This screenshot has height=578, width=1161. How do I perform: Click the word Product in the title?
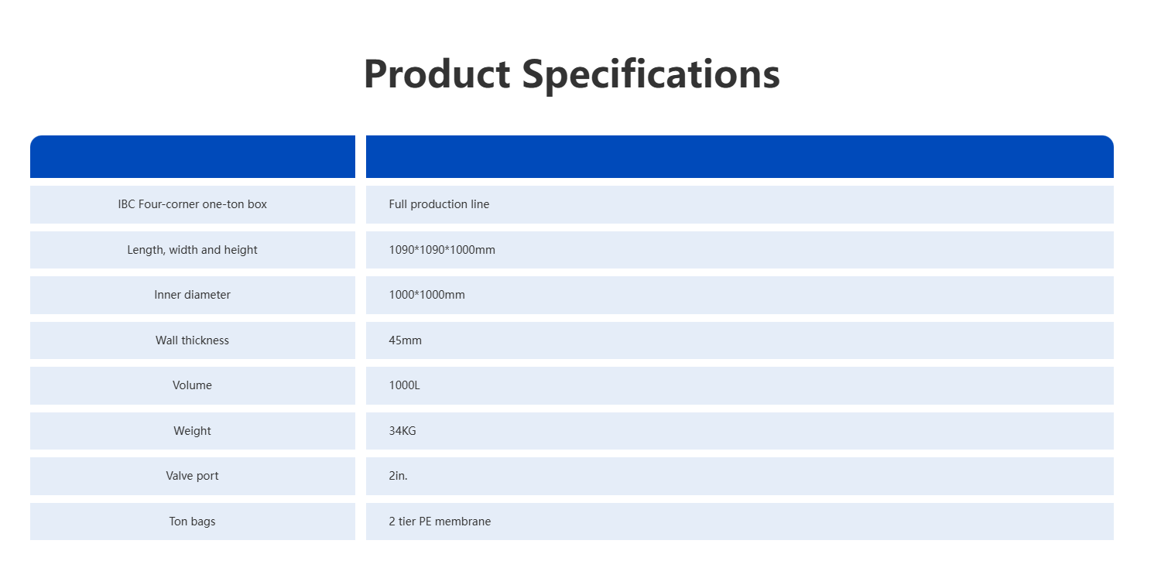437,74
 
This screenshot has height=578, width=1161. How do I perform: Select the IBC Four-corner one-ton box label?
192,204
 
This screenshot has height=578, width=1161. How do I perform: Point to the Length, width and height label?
192,250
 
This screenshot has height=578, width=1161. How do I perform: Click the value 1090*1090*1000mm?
442,250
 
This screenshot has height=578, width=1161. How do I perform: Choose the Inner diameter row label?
192,295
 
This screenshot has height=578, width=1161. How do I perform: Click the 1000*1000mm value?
426,295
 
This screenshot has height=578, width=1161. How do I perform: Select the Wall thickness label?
192,340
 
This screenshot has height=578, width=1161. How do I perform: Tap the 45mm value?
406,340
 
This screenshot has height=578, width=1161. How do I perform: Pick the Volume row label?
192,385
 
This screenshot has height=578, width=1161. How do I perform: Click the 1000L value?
404,385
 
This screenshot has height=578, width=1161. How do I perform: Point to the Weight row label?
192,431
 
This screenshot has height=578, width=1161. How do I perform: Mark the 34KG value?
402,431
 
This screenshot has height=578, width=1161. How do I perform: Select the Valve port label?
192,476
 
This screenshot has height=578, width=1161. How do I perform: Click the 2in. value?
398,476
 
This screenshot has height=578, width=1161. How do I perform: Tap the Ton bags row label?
192,522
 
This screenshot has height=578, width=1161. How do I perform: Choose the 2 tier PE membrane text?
440,522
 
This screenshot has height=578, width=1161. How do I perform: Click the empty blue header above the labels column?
193,156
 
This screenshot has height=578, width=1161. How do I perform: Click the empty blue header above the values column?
740,156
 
